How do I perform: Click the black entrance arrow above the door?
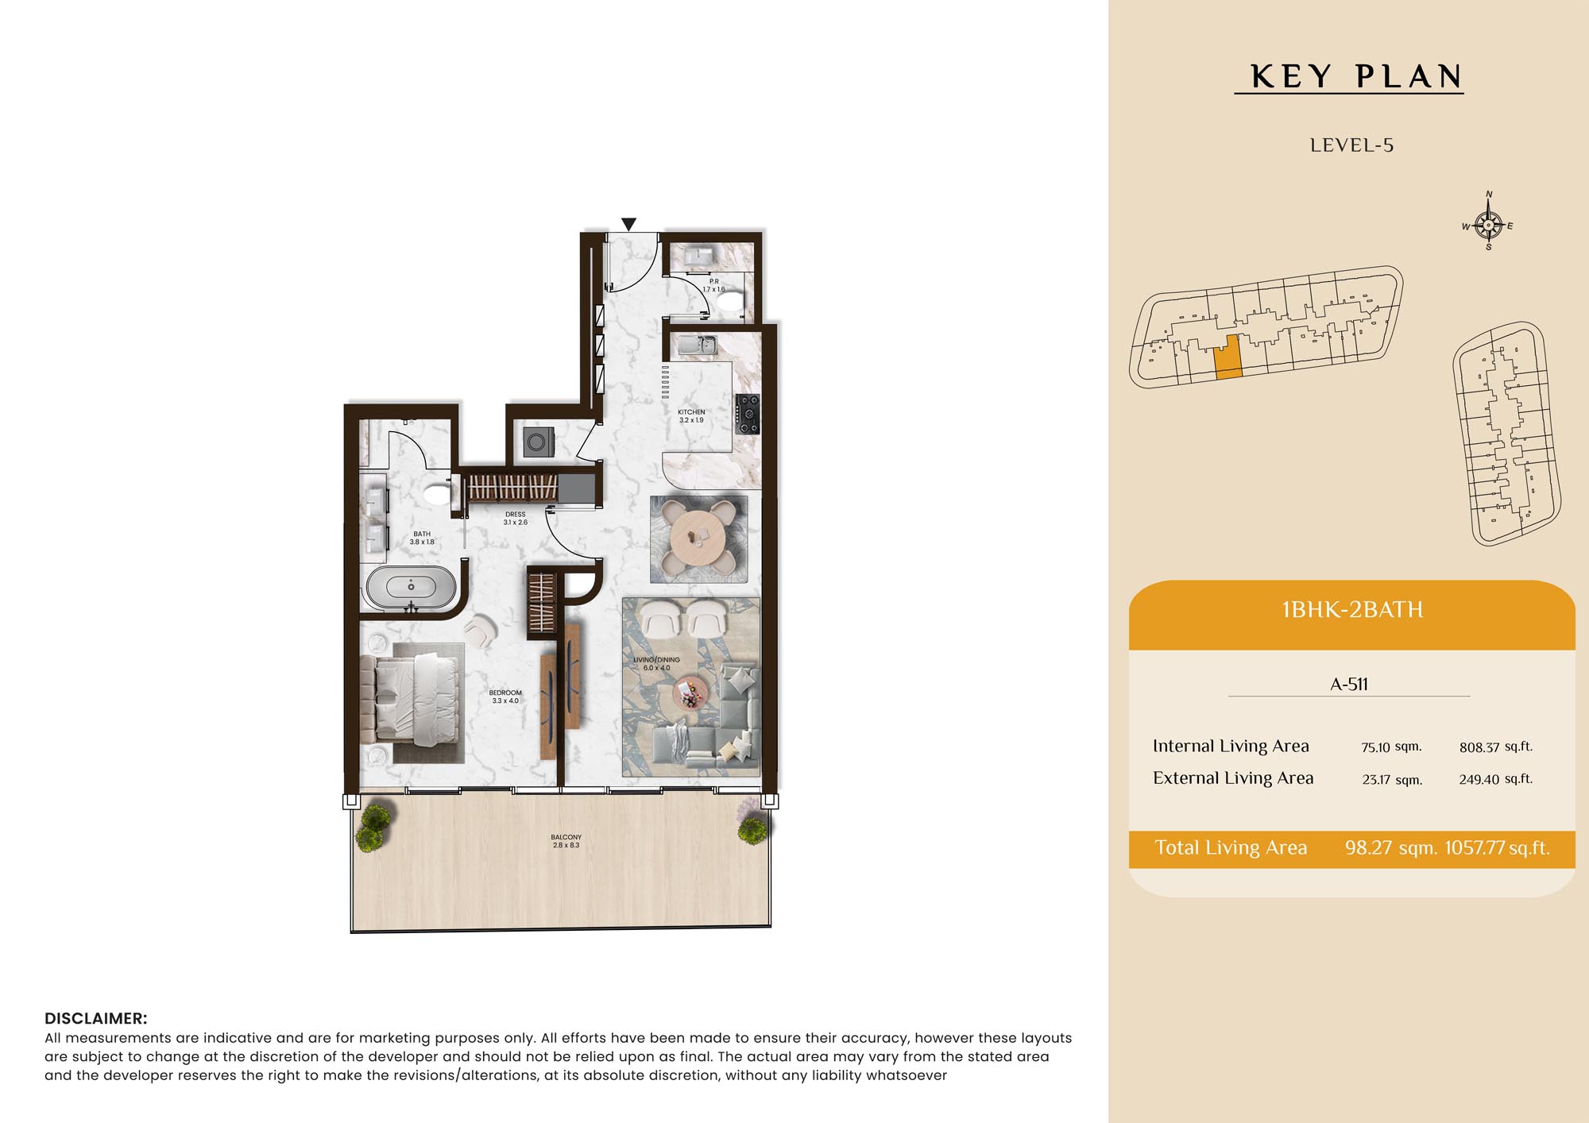[x=628, y=225]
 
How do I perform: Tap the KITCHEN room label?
[x=691, y=412]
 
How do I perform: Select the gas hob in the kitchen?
[x=747, y=414]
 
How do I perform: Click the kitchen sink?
[x=698, y=345]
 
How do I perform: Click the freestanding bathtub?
[x=411, y=588]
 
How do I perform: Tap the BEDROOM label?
[x=505, y=693]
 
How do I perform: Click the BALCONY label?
[x=566, y=837]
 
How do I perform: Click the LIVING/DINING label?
[x=656, y=659]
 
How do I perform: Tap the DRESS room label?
[x=516, y=515]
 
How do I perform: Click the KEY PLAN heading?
[x=1356, y=76]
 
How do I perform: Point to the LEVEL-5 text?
[x=1351, y=145]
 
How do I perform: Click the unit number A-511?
[x=1349, y=684]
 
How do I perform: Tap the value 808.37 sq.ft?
[x=1496, y=747]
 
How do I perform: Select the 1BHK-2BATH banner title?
[x=1352, y=610]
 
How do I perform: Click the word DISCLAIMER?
[x=96, y=1018]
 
